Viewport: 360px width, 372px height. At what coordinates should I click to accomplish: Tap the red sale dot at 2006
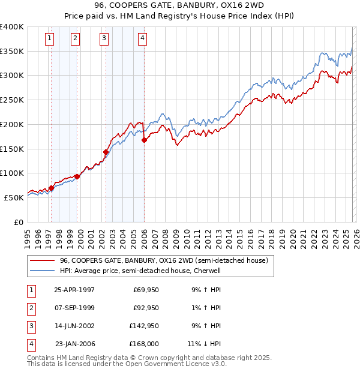point(144,140)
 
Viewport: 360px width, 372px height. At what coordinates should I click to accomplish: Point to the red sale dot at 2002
point(106,152)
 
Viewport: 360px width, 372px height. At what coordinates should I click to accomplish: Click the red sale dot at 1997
point(51,188)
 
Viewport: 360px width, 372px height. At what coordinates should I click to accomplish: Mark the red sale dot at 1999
point(77,177)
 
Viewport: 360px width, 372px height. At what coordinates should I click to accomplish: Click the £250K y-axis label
point(12,100)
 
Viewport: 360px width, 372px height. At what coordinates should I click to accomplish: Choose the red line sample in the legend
point(41,260)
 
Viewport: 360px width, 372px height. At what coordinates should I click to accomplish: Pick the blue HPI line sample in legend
point(41,271)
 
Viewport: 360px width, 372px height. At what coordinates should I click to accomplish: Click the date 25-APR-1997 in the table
point(74,290)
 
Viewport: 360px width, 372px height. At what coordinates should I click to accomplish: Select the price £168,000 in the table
point(144,344)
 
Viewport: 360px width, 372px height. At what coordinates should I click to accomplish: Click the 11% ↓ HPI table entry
point(204,344)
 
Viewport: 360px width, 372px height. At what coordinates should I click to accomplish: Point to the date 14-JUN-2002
point(74,326)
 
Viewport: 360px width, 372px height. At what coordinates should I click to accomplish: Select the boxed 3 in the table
point(30,326)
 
